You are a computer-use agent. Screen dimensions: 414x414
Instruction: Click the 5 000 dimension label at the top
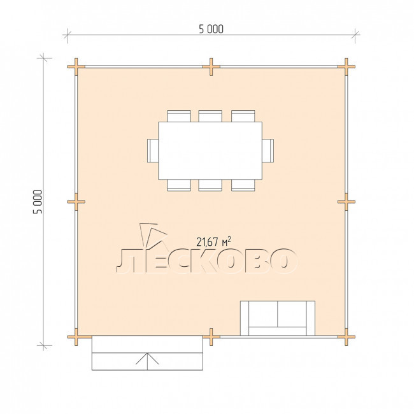pyautogui.click(x=211, y=29)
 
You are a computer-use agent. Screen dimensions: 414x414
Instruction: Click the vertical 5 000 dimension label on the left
pyautogui.click(x=38, y=202)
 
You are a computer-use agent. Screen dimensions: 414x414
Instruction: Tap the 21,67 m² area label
pyautogui.click(x=213, y=241)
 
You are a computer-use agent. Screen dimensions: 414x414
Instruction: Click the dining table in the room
pyautogui.click(x=210, y=150)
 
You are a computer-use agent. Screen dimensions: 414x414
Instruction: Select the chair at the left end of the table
pyautogui.click(x=153, y=150)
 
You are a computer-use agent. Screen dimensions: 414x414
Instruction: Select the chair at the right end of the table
pyautogui.click(x=268, y=150)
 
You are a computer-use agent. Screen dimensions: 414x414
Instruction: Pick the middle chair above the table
pyautogui.click(x=210, y=116)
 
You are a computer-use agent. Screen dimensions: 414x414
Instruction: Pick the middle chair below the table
pyautogui.click(x=210, y=185)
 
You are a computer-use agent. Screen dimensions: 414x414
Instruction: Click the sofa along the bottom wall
pyautogui.click(x=278, y=318)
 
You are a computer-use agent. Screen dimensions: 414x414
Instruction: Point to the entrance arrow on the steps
pyautogui.click(x=147, y=361)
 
